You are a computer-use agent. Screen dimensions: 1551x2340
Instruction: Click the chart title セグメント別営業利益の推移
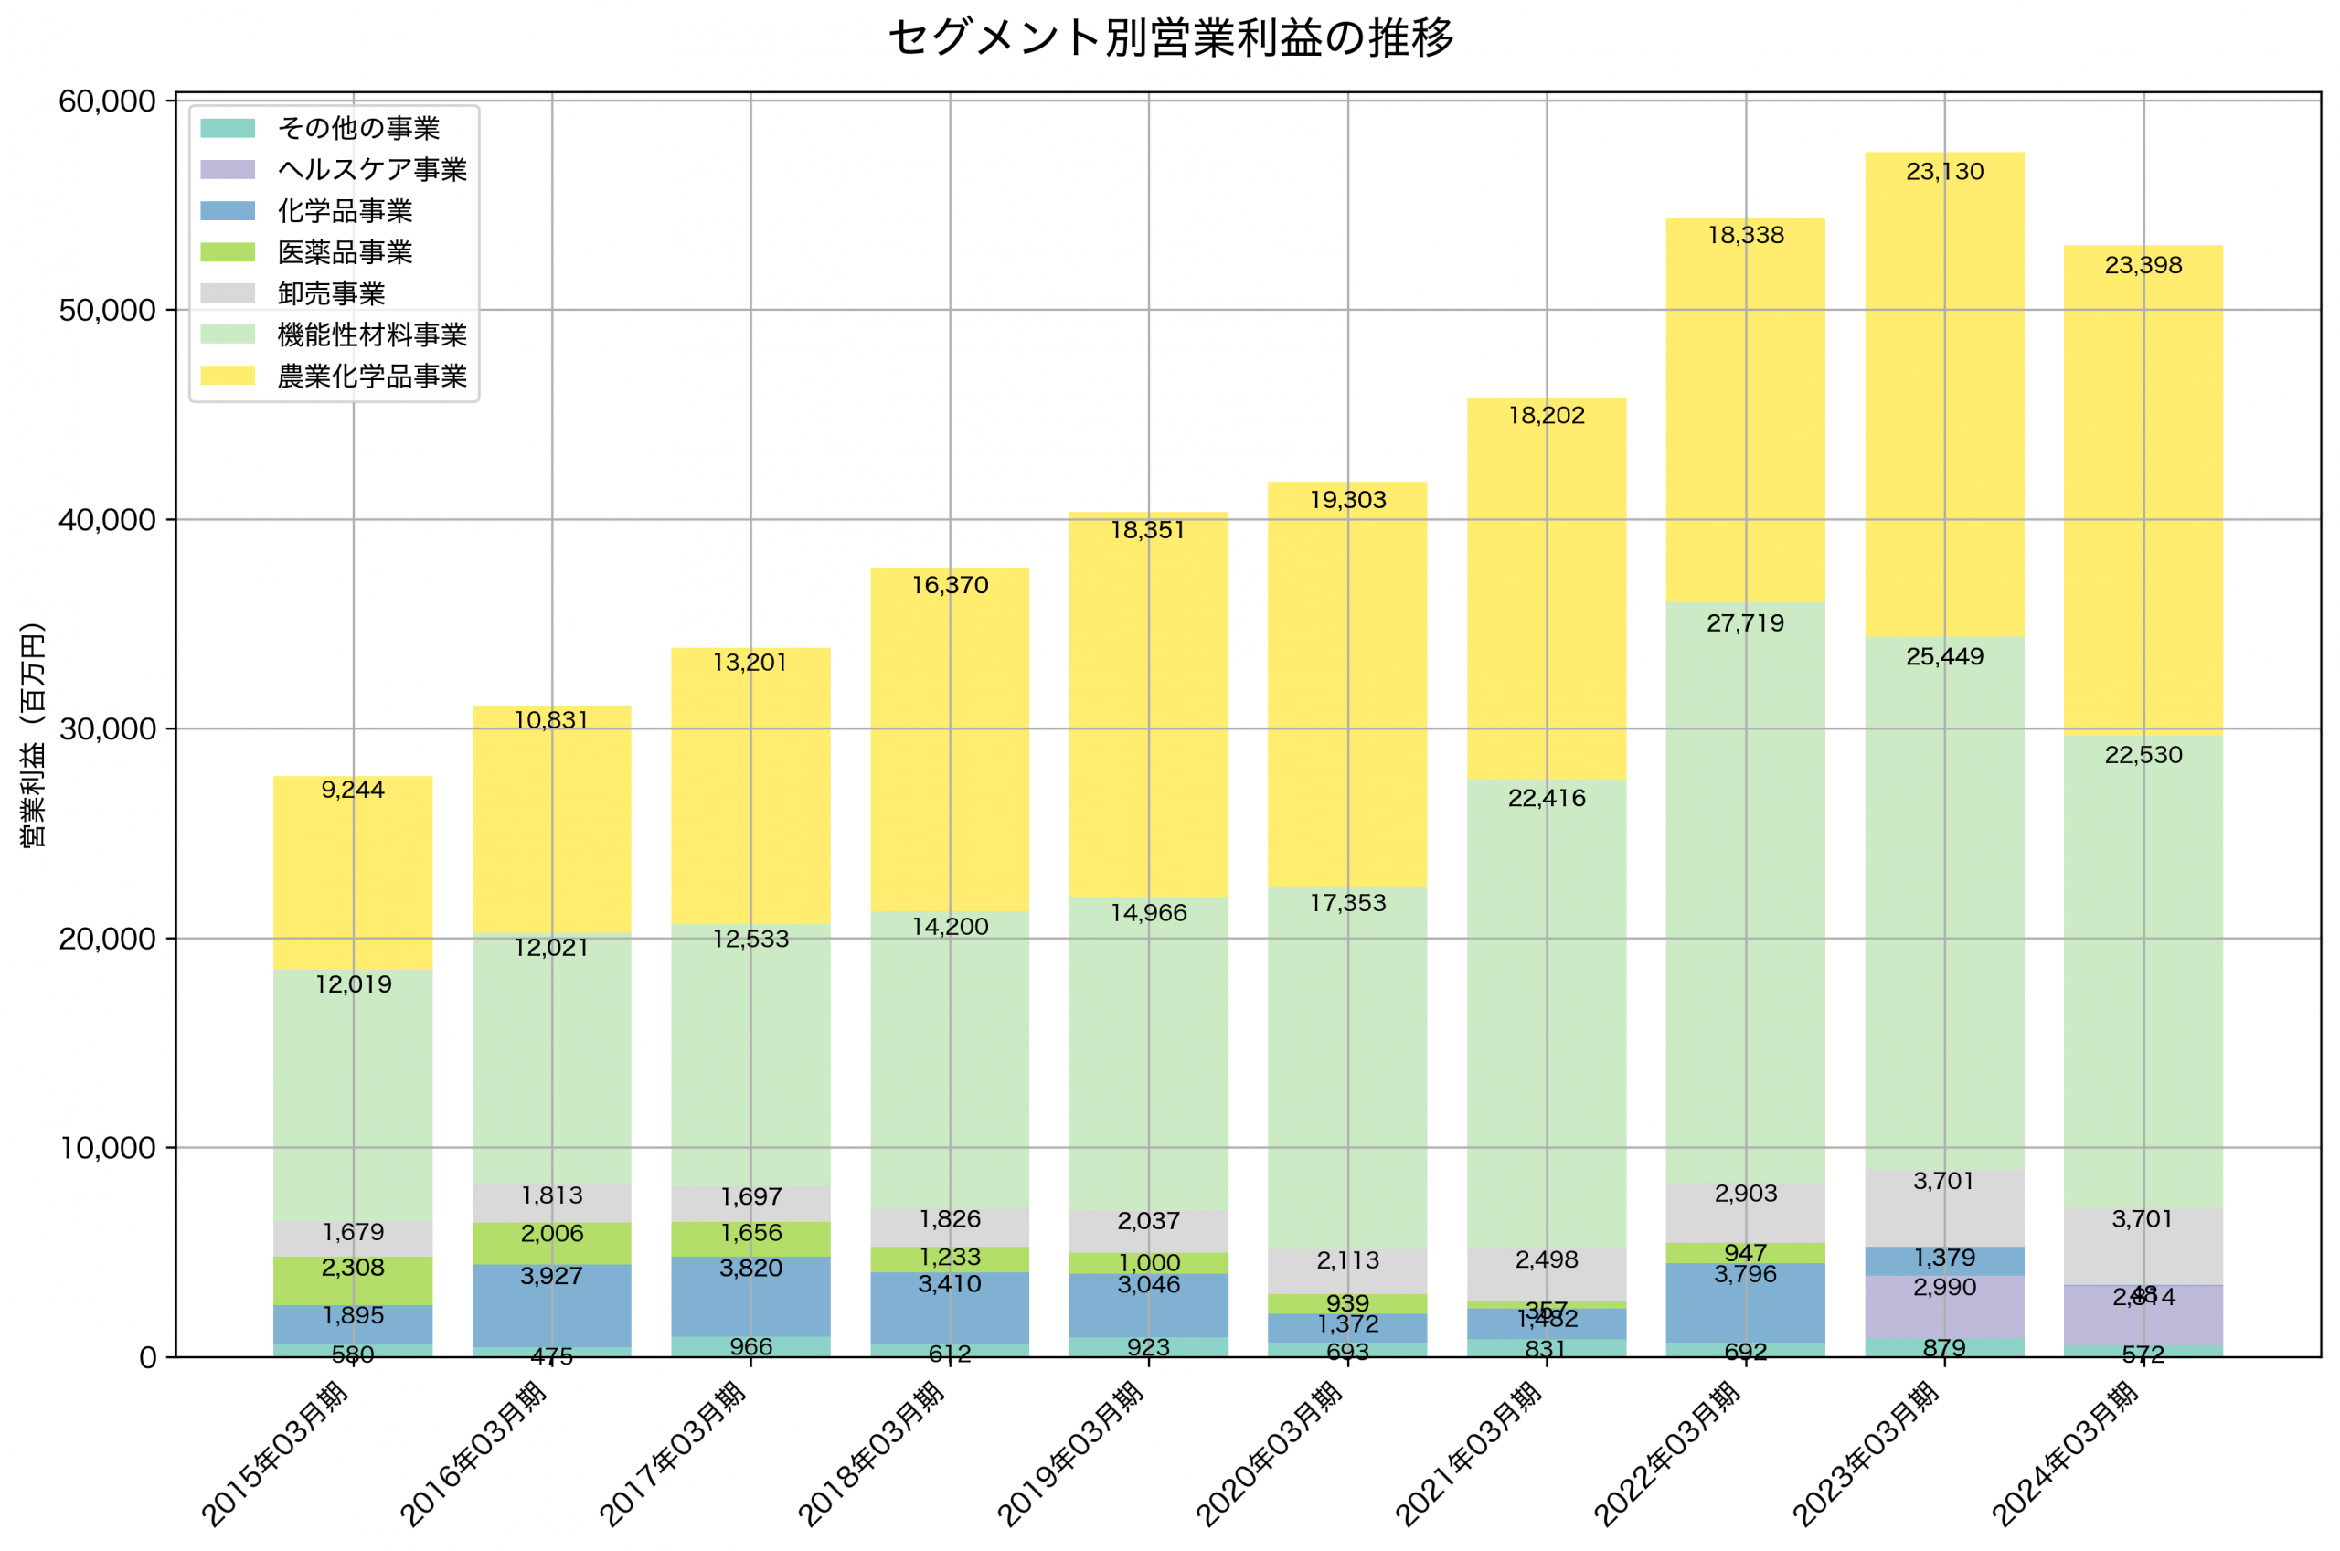pos(1170,37)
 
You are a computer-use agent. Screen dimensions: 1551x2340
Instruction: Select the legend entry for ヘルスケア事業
pos(371,170)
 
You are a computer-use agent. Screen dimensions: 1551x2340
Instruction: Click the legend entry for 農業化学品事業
pos(371,377)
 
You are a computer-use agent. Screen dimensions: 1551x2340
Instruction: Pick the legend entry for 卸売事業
pos(330,293)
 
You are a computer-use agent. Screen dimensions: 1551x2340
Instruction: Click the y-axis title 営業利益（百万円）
pos(33,735)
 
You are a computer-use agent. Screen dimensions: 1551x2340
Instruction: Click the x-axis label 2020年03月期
pos(1271,1454)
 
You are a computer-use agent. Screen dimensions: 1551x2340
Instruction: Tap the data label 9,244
pos(353,790)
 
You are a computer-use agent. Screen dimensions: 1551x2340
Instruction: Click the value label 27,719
pos(1746,623)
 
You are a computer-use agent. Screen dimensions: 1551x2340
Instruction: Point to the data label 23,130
pos(1944,172)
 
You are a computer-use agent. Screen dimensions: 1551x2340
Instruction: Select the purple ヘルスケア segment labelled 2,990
pos(1944,1307)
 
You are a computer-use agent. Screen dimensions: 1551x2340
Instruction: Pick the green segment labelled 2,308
pos(353,1280)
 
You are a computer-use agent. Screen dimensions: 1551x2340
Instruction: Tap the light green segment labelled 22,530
pos(2143,970)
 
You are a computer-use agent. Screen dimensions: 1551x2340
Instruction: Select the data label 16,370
pos(950,586)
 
